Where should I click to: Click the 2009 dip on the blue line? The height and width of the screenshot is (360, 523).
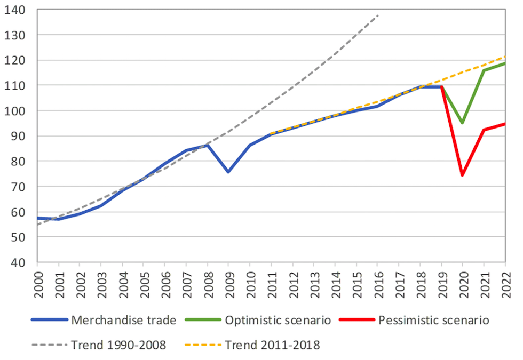[x=228, y=172]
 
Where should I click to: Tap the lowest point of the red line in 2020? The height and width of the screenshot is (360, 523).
[x=462, y=175]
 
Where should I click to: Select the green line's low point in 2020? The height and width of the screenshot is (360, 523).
[x=462, y=123]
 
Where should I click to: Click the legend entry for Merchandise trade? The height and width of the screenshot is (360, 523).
[x=123, y=320]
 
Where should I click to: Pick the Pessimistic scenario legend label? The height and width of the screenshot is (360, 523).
[x=433, y=320]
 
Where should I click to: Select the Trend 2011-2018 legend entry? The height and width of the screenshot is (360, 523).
[x=272, y=345]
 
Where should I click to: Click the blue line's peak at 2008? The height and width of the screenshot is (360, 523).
[x=207, y=145]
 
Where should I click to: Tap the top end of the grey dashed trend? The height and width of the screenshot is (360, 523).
[x=378, y=15]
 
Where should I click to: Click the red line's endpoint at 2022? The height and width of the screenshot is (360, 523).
[x=505, y=124]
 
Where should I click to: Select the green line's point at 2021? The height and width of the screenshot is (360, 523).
[x=484, y=70]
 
